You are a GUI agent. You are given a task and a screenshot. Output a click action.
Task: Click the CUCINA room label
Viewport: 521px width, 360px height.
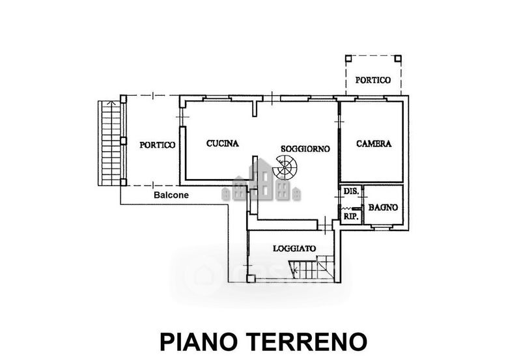click(223, 143)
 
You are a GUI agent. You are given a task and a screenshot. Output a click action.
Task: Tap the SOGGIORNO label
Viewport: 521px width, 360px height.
click(305, 149)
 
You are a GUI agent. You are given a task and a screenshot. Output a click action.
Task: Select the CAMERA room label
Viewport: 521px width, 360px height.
click(374, 143)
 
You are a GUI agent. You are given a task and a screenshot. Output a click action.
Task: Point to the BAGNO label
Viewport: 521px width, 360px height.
click(383, 208)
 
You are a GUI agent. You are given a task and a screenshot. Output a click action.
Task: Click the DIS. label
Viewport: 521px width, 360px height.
click(351, 191)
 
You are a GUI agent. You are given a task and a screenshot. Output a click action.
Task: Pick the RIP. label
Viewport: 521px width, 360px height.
click(351, 217)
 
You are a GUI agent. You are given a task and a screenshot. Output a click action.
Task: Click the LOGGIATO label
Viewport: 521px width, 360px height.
click(294, 249)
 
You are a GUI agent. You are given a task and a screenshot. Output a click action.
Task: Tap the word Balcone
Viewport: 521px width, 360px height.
click(171, 195)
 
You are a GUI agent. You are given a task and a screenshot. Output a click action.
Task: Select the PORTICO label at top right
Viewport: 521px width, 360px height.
click(373, 80)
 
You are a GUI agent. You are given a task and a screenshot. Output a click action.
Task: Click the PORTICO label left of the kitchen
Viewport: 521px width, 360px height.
click(157, 145)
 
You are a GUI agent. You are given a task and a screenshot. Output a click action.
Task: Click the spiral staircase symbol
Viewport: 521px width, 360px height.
click(285, 167)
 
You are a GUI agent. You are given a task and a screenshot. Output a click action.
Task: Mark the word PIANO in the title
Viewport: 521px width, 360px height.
click(201, 342)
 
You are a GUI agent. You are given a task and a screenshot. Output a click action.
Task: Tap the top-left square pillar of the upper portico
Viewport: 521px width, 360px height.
click(348, 59)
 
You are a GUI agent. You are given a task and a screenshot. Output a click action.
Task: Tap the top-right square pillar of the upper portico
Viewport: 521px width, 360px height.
click(398, 59)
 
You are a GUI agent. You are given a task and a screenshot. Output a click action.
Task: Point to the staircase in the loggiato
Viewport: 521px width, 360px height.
click(311, 268)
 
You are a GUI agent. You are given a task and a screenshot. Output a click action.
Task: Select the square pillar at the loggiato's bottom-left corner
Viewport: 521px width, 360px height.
click(251, 279)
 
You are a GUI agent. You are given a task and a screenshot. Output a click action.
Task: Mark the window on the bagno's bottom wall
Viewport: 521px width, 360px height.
click(381, 228)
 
